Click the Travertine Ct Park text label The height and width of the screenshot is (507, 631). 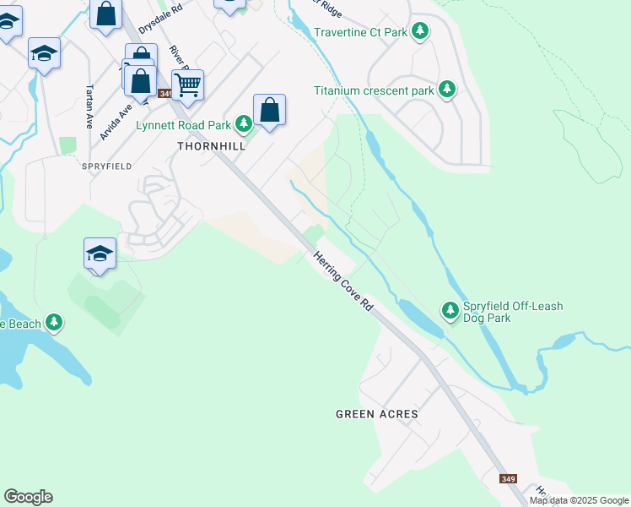tap(360, 33)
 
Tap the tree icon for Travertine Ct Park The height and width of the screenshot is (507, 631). tap(419, 33)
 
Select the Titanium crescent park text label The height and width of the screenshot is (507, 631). tap(374, 90)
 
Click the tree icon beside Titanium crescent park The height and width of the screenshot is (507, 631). tap(446, 90)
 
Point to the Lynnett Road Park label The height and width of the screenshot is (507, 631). tap(183, 125)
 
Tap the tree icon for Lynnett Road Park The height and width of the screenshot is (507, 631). tap(244, 125)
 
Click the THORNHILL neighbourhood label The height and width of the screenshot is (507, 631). tap(211, 145)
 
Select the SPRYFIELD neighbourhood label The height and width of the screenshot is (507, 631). tap(106, 166)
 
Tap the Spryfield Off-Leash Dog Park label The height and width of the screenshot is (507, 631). tap(513, 312)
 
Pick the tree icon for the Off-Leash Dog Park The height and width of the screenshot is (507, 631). tap(450, 311)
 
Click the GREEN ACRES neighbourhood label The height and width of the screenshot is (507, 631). tap(377, 414)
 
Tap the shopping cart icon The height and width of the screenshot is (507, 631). tap(188, 83)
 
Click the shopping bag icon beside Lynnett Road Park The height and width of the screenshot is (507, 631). tap(269, 109)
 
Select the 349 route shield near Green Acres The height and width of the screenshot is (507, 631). tap(508, 479)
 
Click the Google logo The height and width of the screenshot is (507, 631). tap(28, 497)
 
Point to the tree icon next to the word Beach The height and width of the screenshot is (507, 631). tap(54, 322)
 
